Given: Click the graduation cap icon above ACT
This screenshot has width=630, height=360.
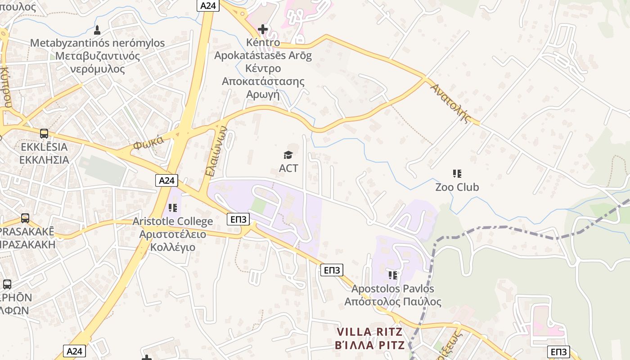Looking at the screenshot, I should tap(288, 155).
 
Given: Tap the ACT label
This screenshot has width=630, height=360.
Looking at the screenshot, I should tap(288, 168).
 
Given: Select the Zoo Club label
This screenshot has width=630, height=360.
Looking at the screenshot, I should tap(457, 187).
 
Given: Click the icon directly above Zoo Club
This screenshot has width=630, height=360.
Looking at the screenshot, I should tap(457, 173).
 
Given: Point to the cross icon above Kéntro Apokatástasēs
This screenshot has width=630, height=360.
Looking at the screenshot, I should tap(263, 30).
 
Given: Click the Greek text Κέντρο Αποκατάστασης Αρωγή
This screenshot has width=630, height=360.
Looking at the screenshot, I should tap(263, 81).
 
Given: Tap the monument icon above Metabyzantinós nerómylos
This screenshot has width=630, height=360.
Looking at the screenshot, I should tap(97, 30).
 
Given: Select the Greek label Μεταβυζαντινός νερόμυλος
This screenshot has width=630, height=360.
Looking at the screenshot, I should tap(97, 63).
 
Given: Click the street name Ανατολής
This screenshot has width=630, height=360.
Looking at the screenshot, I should tap(450, 103).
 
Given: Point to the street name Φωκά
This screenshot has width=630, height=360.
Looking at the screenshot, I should tap(148, 144).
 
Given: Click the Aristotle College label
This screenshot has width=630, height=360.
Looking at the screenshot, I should tap(172, 221).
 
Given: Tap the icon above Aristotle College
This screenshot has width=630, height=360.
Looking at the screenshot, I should tap(172, 208).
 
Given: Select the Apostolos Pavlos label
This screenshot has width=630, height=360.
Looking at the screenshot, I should tap(393, 288).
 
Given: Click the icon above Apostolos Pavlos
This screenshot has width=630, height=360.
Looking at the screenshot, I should tap(393, 275).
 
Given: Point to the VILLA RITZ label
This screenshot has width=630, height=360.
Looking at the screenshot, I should tap(370, 333).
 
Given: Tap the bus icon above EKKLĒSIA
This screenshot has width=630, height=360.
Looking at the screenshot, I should tap(44, 134).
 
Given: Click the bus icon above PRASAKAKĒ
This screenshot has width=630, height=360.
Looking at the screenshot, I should tap(25, 218).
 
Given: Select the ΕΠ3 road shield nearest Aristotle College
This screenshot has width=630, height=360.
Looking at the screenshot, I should tap(238, 219).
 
